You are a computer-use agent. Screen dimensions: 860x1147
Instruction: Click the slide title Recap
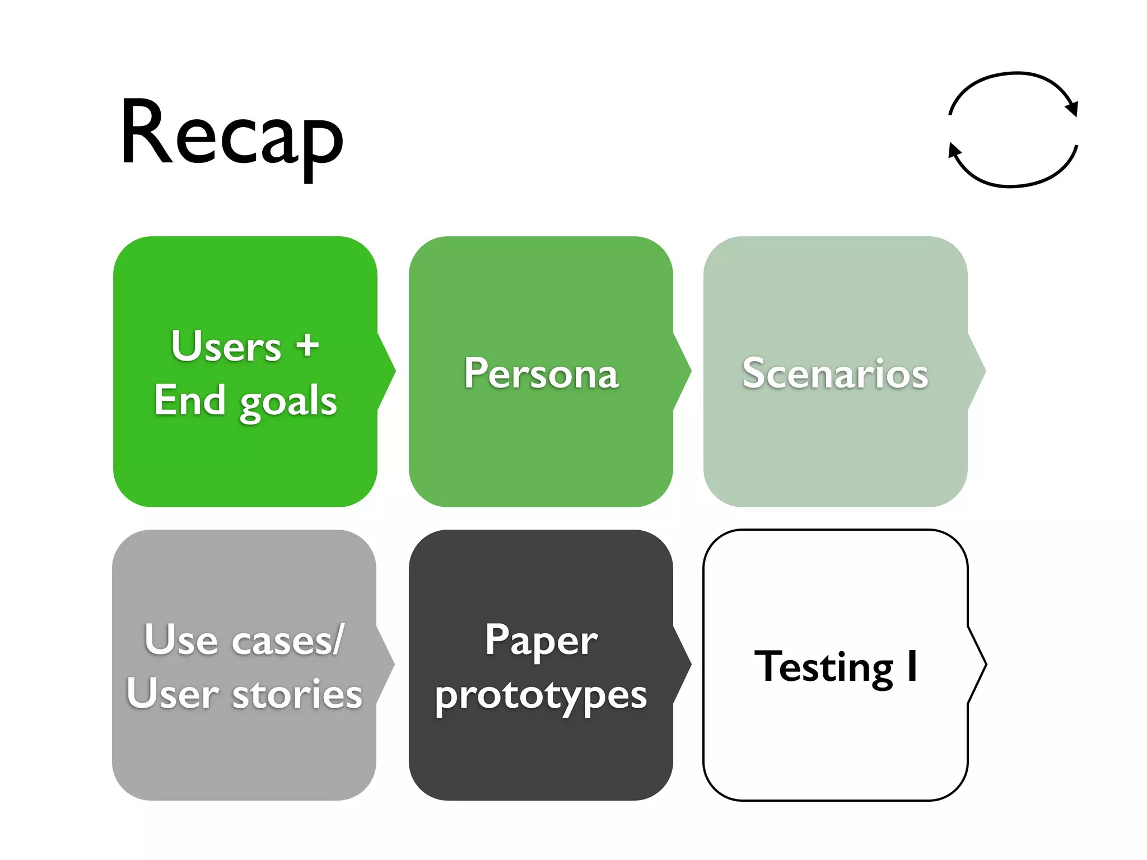231,134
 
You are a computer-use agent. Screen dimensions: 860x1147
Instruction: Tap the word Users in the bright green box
226,346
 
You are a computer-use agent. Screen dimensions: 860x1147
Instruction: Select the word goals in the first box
288,402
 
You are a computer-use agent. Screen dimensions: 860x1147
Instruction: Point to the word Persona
541,373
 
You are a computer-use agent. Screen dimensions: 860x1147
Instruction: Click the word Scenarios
835,373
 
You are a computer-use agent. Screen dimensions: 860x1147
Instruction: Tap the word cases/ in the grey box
288,639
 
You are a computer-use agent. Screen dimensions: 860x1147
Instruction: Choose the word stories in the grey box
297,694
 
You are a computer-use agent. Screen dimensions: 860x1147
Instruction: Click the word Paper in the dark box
541,639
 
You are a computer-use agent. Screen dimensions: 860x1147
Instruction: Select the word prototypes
541,695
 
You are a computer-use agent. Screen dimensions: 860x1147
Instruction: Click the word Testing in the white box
823,666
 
